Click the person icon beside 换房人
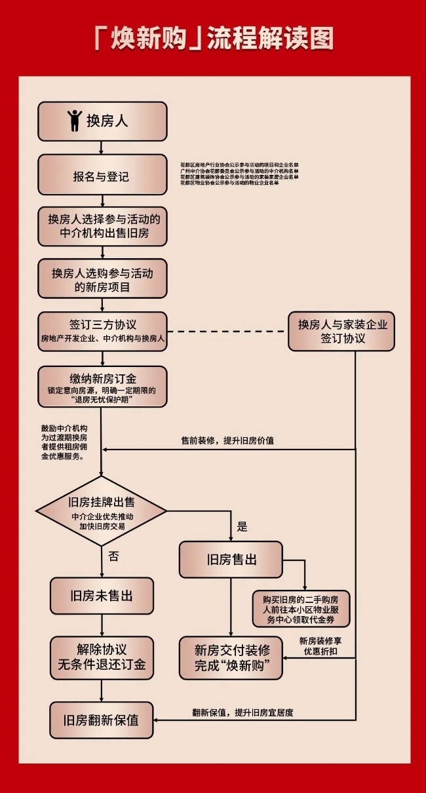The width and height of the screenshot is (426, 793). pyautogui.click(x=75, y=121)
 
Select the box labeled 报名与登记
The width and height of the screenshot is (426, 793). pyautogui.click(x=102, y=176)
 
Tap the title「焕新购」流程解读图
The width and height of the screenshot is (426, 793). pyautogui.click(x=213, y=38)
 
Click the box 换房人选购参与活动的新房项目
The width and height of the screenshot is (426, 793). pyautogui.click(x=102, y=279)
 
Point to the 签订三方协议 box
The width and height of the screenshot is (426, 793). pyautogui.click(x=102, y=331)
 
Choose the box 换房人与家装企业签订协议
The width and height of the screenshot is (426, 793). pyautogui.click(x=342, y=331)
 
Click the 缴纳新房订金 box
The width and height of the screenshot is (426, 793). pyautogui.click(x=102, y=385)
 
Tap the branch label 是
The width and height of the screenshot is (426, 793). pyautogui.click(x=242, y=526)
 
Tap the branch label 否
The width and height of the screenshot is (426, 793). pyautogui.click(x=113, y=556)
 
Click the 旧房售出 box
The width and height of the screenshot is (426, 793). pyautogui.click(x=231, y=559)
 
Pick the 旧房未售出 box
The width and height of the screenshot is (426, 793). pyautogui.click(x=102, y=596)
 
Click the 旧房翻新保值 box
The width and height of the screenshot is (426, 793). pyautogui.click(x=102, y=720)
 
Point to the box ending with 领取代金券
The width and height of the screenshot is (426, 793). pyautogui.click(x=302, y=609)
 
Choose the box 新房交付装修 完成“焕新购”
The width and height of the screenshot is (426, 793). pyautogui.click(x=231, y=658)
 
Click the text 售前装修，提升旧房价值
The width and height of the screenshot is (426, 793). pyautogui.click(x=227, y=440)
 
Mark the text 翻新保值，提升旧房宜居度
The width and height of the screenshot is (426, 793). pyautogui.click(x=248, y=712)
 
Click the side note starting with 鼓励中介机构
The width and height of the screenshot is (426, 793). pyautogui.click(x=63, y=442)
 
